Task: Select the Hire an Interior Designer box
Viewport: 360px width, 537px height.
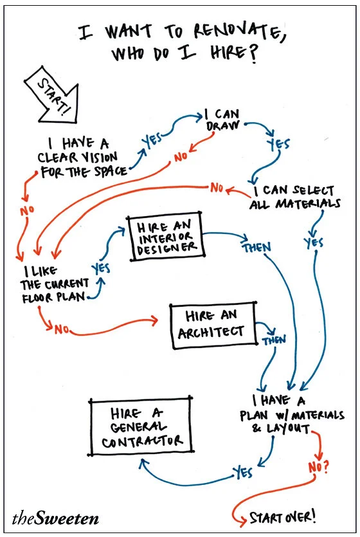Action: pos(165,236)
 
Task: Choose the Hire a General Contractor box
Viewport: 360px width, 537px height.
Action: pos(141,427)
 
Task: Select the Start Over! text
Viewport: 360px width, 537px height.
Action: pos(283,516)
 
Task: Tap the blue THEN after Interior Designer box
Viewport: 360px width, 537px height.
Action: pos(256,247)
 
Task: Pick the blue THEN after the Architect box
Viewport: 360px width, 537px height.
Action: pos(274,339)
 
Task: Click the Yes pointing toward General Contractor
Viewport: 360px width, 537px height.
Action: pos(243,473)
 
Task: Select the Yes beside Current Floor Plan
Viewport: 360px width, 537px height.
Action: pos(102,268)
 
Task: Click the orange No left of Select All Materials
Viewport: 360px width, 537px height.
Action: pos(217,188)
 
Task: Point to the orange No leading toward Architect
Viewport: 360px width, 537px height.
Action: pos(61,330)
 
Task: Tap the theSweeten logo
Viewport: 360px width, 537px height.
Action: pos(55,517)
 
